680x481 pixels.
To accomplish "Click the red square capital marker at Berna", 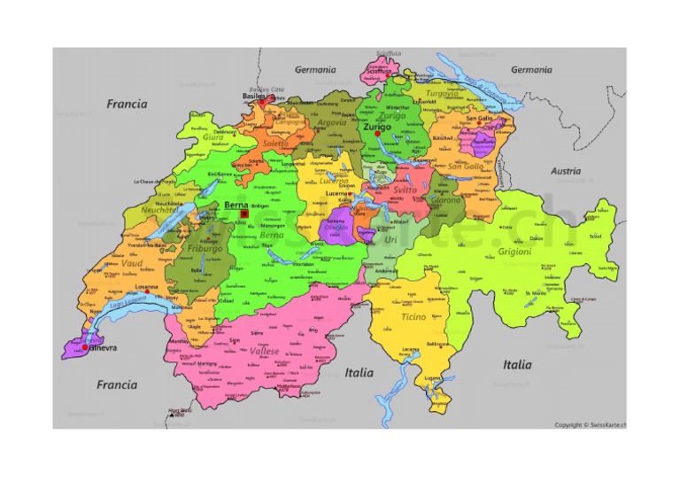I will click(x=243, y=213).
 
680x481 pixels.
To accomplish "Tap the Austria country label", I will click(x=566, y=171).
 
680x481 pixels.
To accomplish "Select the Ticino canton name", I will click(x=413, y=316).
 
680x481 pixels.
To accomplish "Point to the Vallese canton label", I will click(x=264, y=352).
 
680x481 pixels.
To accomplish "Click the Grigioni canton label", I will click(x=514, y=252).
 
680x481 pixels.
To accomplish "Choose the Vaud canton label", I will click(x=132, y=264).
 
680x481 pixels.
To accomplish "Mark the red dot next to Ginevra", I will click(x=86, y=346).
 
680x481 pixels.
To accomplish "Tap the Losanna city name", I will click(x=147, y=287).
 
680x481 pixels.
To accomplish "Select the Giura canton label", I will click(x=213, y=138).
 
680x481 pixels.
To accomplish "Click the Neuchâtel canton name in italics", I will click(x=160, y=211).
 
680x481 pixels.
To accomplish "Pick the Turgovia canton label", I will click(x=442, y=93).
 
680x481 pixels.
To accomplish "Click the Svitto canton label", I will click(x=405, y=190).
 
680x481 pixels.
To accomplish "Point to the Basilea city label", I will click(x=254, y=97).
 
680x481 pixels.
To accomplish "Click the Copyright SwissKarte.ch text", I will click(x=590, y=424).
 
